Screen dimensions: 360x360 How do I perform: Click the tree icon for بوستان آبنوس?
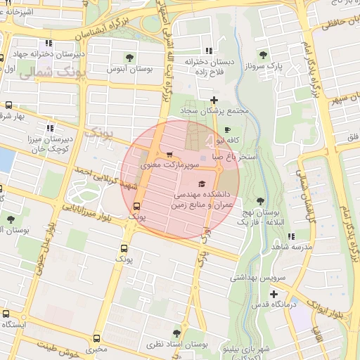point(129,57)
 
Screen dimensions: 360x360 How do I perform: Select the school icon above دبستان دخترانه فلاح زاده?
point(208,51)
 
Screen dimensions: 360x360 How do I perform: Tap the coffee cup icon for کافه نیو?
point(227,129)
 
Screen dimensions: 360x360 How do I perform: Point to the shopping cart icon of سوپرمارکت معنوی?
point(169,155)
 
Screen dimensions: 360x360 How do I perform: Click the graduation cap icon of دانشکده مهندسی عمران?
point(211,183)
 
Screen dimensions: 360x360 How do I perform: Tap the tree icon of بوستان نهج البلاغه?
point(261,200)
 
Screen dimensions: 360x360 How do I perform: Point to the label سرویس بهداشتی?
point(258,278)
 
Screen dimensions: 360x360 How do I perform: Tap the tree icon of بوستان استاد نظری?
point(176,333)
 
